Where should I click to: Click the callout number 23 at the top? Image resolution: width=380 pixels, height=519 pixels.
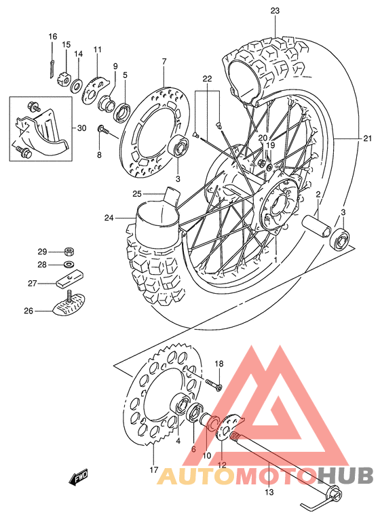[x=274, y=10]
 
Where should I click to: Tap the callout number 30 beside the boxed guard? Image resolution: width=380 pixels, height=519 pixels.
[x=81, y=128]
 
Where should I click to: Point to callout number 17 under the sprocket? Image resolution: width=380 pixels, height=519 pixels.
[x=154, y=469]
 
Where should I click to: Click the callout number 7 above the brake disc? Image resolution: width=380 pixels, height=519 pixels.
[x=164, y=62]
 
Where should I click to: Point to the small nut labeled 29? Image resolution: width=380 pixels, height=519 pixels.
[x=69, y=251]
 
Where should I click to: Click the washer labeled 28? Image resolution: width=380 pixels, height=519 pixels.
[x=69, y=264]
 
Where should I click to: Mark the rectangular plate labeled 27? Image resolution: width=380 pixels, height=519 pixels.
[x=69, y=279]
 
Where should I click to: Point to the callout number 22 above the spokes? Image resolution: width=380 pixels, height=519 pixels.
[x=207, y=79]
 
